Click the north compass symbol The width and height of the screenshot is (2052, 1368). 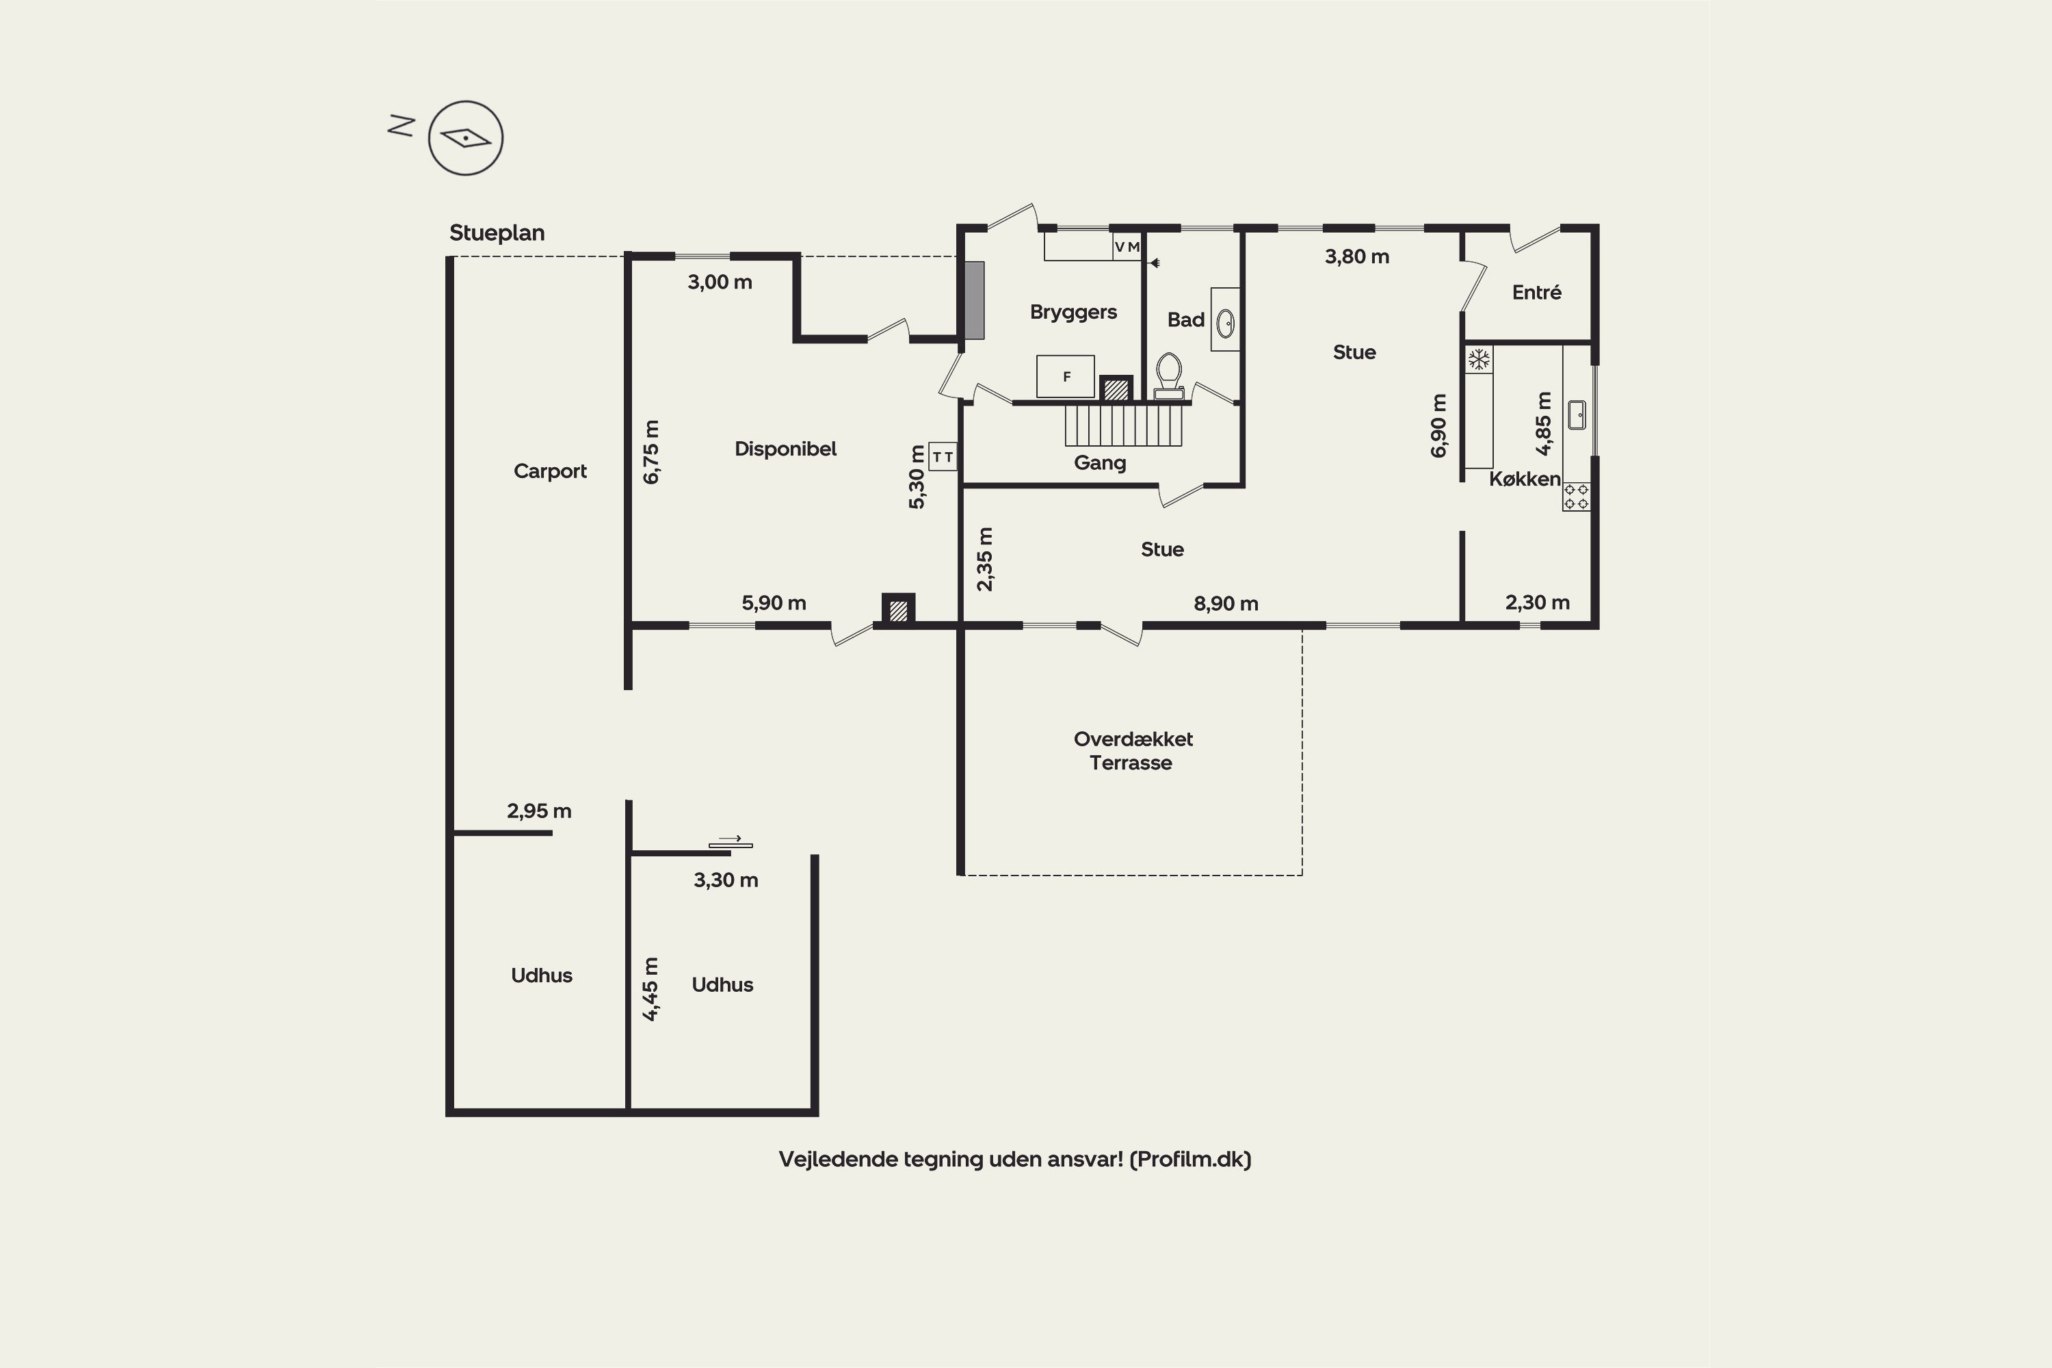click(465, 138)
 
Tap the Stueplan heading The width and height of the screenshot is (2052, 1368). click(497, 233)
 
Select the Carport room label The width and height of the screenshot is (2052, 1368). click(550, 471)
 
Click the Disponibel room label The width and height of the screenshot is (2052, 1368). click(785, 449)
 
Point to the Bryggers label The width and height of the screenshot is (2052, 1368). click(1073, 313)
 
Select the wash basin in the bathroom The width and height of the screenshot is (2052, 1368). click(1225, 323)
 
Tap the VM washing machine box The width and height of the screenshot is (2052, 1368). click(1127, 247)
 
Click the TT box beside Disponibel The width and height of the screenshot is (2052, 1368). click(943, 456)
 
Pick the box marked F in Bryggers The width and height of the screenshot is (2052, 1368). click(1065, 376)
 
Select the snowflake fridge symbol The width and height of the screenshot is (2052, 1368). click(1478, 360)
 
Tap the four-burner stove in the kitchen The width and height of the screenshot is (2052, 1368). click(1576, 497)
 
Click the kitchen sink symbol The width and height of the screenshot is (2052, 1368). click(1577, 415)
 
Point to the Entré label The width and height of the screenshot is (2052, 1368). click(1536, 292)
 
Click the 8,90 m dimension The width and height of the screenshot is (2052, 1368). click(1226, 604)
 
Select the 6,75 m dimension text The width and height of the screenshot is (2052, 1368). click(651, 452)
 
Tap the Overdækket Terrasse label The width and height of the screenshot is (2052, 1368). click(1133, 750)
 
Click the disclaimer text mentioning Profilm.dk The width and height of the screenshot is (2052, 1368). click(1014, 1159)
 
